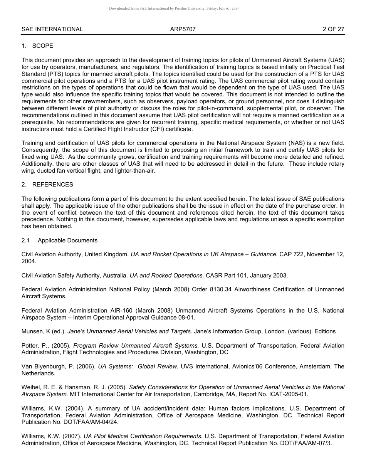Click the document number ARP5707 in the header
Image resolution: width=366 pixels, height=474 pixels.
coord(183,29)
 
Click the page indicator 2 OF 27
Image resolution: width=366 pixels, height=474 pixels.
coord(333,29)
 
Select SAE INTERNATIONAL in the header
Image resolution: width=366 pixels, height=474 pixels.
coord(52,29)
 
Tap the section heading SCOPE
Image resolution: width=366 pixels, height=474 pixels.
coord(42,46)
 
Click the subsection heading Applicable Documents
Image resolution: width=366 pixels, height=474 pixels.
coord(67,240)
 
